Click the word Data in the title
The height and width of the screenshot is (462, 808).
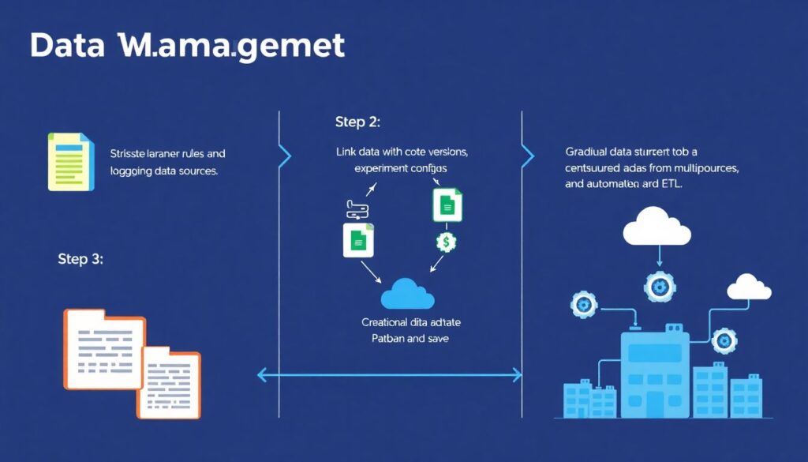coord(66,46)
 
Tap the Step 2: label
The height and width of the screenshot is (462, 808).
coord(357,122)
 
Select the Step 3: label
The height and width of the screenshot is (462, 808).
coord(80,259)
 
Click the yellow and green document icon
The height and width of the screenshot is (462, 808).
coord(71,161)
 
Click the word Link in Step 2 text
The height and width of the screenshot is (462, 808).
coord(349,151)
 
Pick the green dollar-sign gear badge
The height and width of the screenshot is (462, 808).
coord(446,242)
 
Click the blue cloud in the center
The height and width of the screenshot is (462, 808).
coord(407,294)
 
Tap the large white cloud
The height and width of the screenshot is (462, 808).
coord(656,229)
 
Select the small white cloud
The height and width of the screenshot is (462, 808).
coord(748,287)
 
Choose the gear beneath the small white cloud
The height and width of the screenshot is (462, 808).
coord(724,340)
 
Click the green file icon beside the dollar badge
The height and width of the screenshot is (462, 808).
coord(447,205)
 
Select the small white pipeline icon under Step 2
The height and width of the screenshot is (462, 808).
coord(357,209)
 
